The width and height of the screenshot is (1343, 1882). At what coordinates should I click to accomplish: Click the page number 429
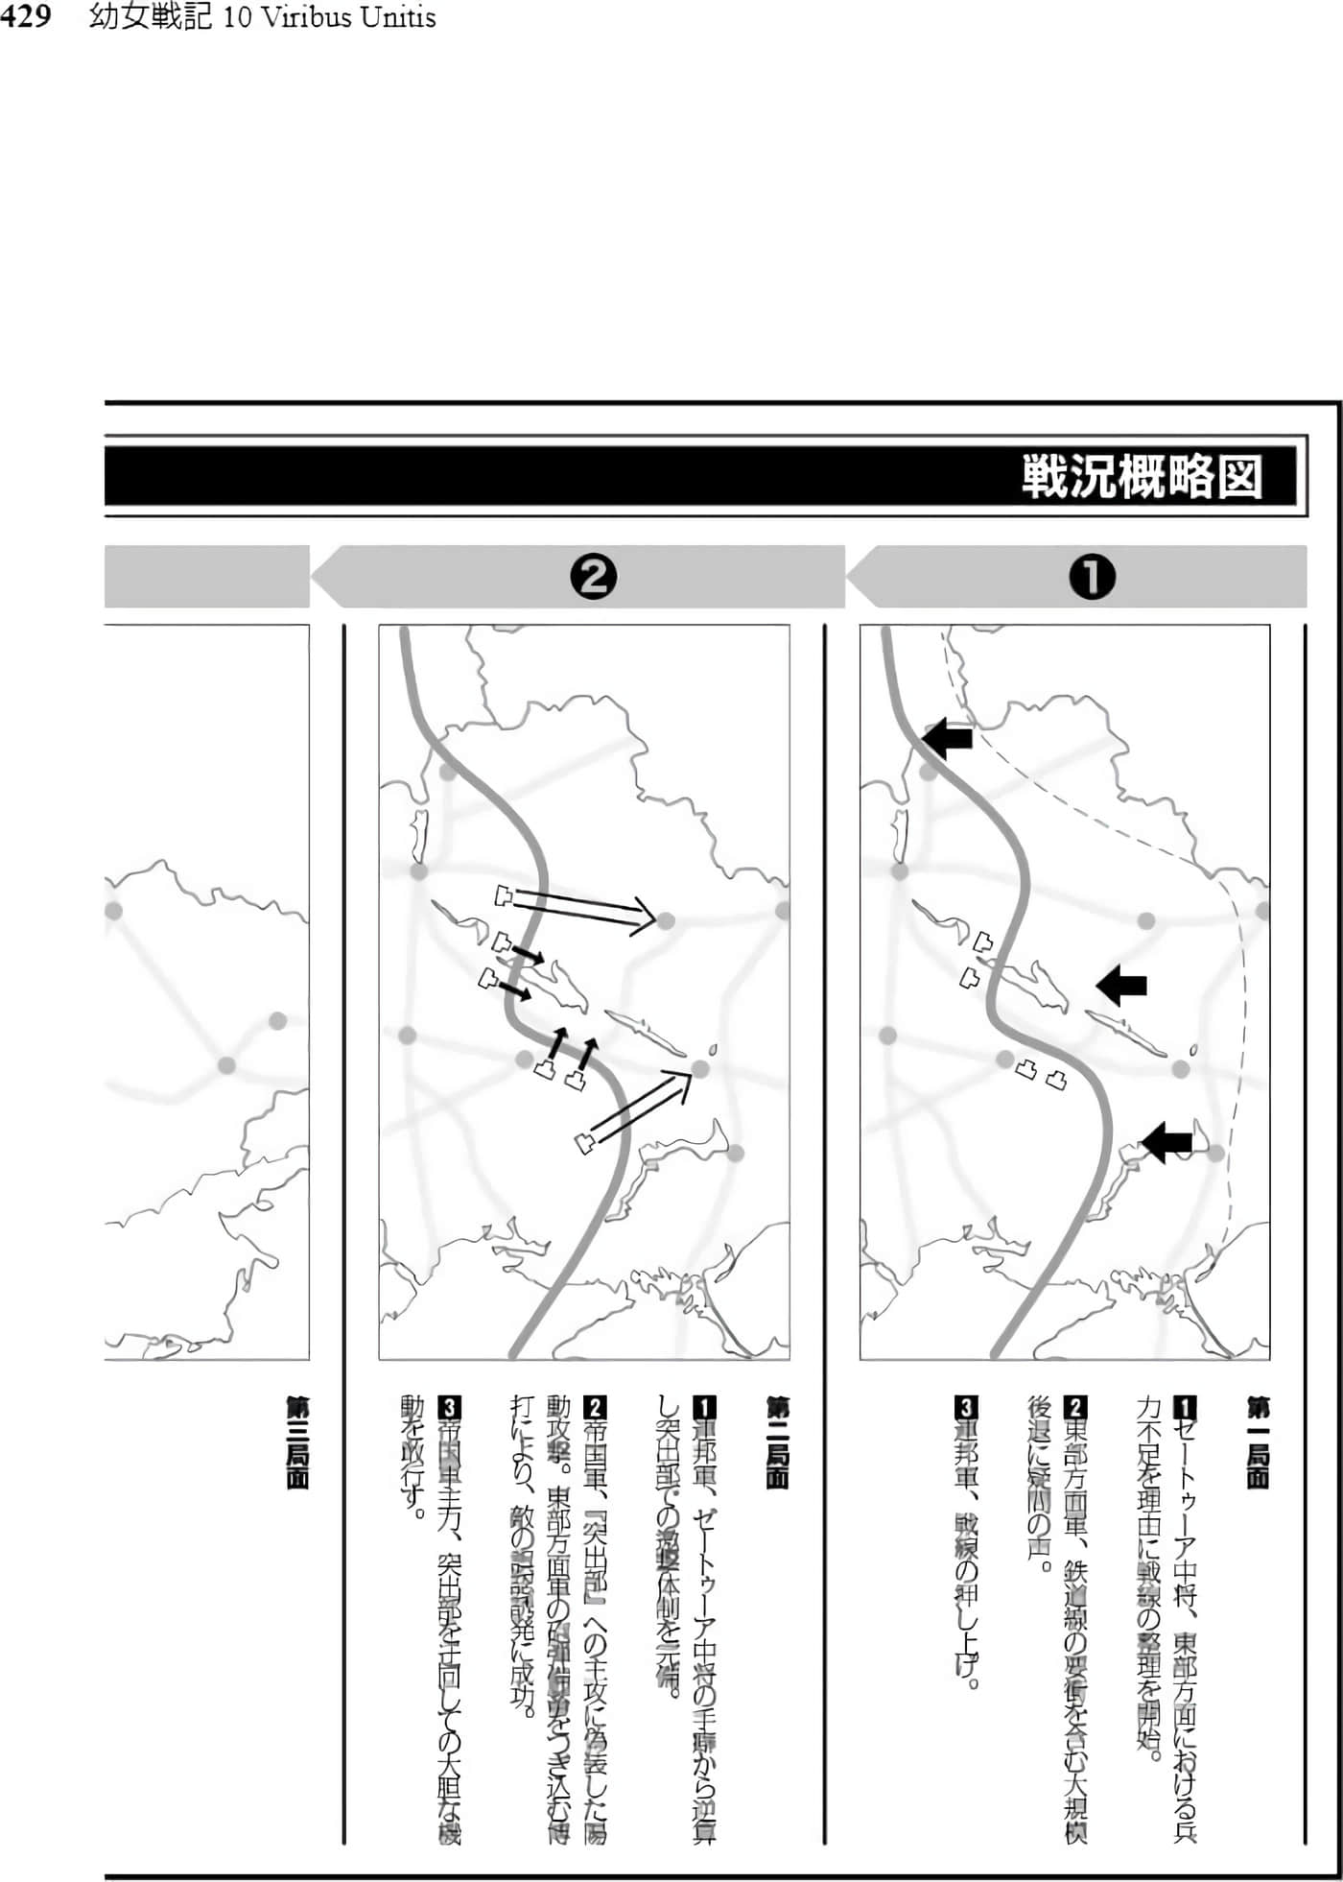[25, 17]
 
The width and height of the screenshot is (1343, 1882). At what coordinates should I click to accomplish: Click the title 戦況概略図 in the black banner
[1141, 476]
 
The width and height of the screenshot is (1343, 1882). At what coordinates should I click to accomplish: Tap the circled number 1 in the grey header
[1092, 578]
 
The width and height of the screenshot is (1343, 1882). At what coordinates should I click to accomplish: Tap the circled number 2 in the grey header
[593, 578]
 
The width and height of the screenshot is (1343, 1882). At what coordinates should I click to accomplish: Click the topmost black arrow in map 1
[948, 737]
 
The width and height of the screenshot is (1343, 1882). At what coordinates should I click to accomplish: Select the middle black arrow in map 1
[1122, 985]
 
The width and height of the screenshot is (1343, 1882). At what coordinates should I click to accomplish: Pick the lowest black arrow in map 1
[1166, 1142]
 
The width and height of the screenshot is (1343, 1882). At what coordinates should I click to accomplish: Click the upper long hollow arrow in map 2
[580, 908]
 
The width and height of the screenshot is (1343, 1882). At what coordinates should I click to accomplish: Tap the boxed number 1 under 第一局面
[1186, 1408]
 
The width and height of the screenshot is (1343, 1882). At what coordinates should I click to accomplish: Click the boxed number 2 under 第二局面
[595, 1408]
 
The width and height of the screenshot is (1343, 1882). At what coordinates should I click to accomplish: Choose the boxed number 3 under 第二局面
[448, 1408]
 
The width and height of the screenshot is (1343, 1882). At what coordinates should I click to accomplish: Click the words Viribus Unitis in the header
[329, 17]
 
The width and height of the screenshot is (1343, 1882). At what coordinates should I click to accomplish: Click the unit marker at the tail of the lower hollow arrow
[584, 1143]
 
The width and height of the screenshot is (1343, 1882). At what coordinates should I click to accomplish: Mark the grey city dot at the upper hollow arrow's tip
[666, 921]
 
